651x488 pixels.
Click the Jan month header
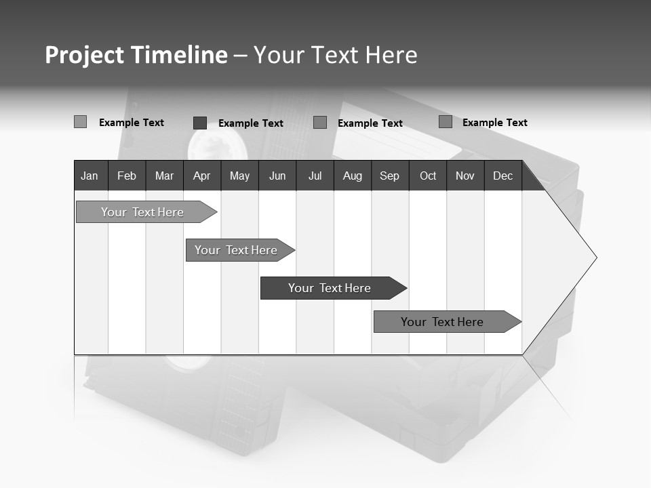(x=90, y=176)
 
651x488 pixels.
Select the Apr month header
(x=202, y=176)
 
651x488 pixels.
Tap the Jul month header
(x=315, y=176)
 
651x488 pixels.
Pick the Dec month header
(x=502, y=176)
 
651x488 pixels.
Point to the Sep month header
(x=389, y=176)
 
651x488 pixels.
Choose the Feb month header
(x=127, y=176)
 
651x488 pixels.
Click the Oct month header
(x=428, y=176)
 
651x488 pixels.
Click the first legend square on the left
(x=80, y=122)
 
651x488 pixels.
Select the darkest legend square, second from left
(x=200, y=123)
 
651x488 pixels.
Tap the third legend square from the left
(x=320, y=123)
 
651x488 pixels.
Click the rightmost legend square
(x=445, y=122)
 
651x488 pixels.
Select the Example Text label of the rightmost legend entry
(x=494, y=123)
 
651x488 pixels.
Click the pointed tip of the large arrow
(x=595, y=258)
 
